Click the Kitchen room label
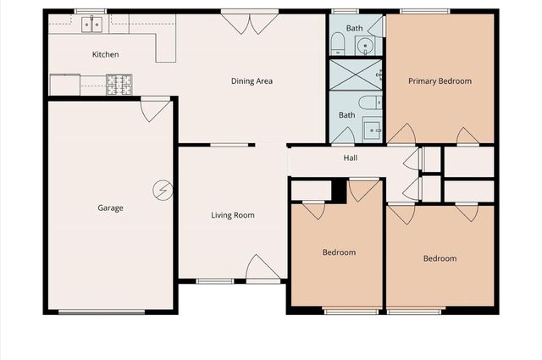[x=105, y=55]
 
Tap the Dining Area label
[x=252, y=81]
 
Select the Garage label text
[x=111, y=208]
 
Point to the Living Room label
[x=233, y=215]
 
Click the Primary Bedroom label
[x=440, y=81]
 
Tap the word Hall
[x=350, y=158]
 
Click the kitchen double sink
[x=91, y=25]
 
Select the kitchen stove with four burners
[x=119, y=84]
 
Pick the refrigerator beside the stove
[x=64, y=85]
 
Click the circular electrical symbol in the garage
[x=162, y=190]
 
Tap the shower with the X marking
[x=356, y=74]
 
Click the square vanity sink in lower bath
[x=371, y=130]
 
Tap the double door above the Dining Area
[x=251, y=23]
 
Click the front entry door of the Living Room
[x=263, y=269]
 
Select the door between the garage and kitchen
[x=155, y=109]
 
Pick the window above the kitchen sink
[x=90, y=11]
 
